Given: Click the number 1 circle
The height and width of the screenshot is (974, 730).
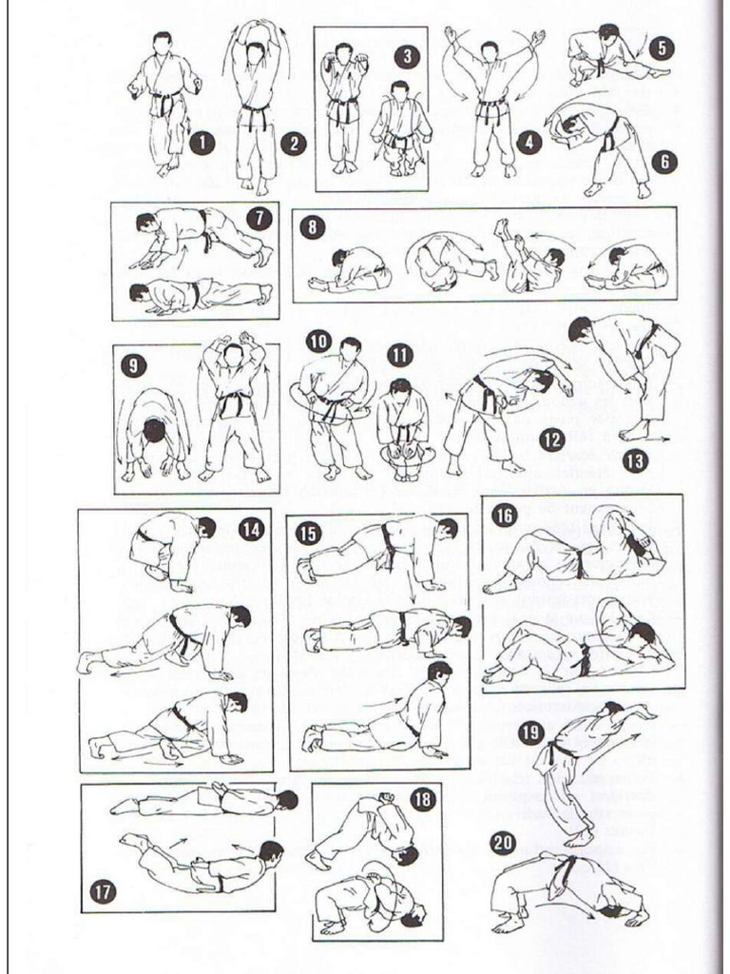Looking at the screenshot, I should point(201,144).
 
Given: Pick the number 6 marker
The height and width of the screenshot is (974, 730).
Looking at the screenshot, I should point(664,161).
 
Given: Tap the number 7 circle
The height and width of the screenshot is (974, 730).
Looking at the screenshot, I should point(258,218).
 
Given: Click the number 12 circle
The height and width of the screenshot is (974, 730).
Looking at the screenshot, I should point(551,438).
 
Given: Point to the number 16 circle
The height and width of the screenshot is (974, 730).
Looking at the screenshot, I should point(503,515).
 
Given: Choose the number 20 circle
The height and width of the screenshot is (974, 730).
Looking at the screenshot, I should point(503,843).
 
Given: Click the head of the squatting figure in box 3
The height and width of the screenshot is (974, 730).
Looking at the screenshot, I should point(400,91).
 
